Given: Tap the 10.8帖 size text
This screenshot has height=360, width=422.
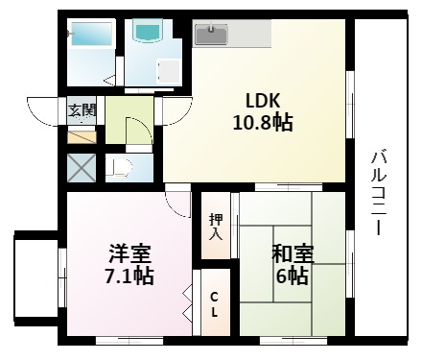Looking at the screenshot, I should tap(262, 122).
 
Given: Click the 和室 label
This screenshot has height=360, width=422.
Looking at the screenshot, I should tap(293, 254).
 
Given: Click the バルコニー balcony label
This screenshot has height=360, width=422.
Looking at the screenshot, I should tap(380, 193).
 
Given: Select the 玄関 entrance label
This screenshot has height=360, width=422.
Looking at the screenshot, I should tap(81, 110).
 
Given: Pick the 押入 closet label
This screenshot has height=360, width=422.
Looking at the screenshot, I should tap(216, 226).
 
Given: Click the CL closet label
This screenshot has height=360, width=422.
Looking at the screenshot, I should tap(214, 305).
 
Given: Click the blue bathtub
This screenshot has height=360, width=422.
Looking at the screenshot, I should tap(92, 37).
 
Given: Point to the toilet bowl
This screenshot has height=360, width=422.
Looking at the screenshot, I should tap(119, 168).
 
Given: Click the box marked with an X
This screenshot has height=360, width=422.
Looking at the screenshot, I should tap(81, 167).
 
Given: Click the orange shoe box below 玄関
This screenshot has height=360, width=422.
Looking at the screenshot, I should tap(81, 135).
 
